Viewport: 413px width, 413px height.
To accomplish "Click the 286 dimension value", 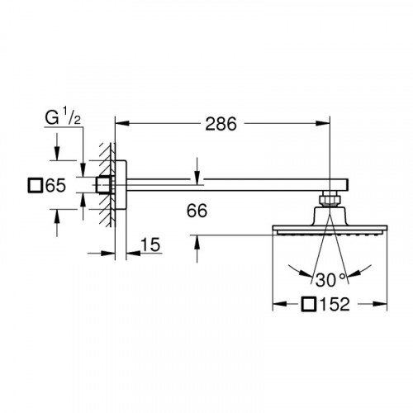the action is tap(221, 124).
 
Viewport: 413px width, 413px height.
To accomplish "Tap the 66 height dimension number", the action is tap(197, 211).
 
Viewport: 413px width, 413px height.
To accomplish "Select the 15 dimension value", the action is tap(150, 244).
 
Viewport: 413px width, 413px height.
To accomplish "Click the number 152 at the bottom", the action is tap(334, 304).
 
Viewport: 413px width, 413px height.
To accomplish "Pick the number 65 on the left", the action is tap(55, 185).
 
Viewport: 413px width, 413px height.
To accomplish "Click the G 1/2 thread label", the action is tap(63, 117).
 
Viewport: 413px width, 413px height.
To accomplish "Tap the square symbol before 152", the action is tap(308, 304).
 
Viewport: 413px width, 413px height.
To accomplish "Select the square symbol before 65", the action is tap(36, 185).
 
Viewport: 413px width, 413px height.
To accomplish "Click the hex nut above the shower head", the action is tap(330, 200).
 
